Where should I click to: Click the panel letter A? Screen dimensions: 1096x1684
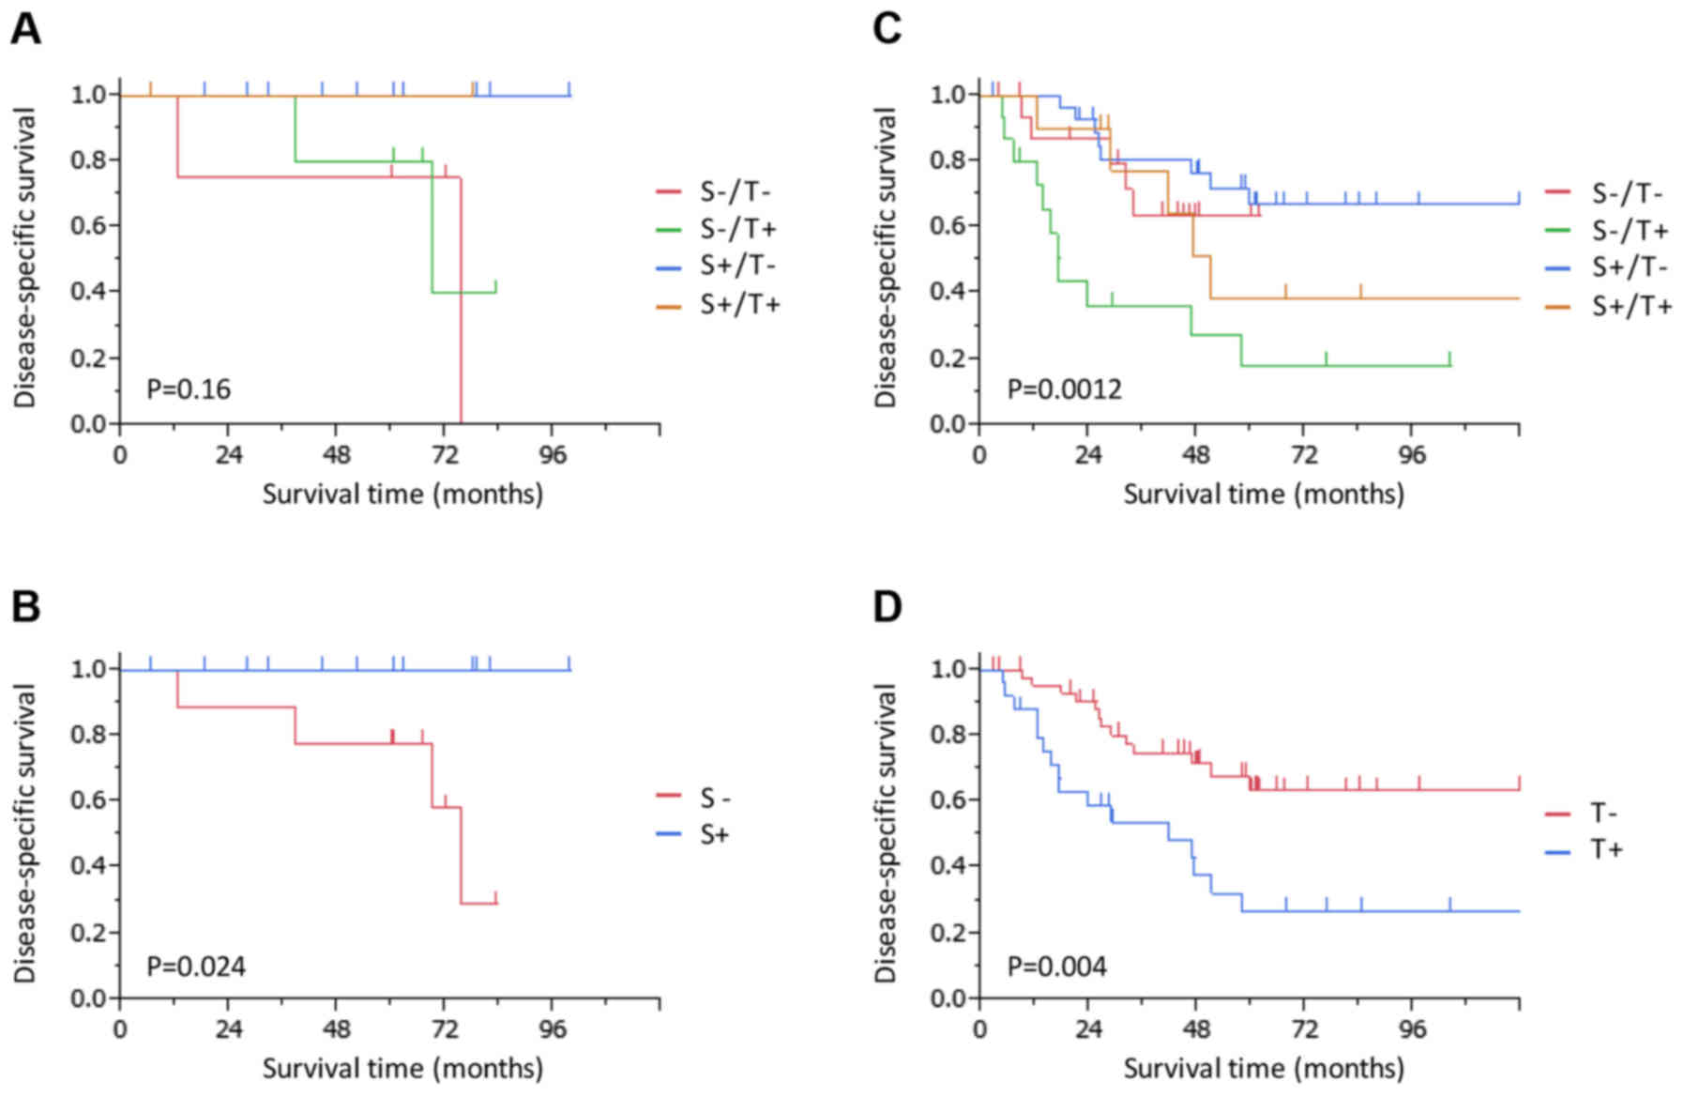25,30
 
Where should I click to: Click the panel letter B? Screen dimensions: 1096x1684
25,607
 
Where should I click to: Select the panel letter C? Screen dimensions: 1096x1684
887,30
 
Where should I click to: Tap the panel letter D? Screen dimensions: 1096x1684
887,607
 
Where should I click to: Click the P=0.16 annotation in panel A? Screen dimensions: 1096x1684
189,388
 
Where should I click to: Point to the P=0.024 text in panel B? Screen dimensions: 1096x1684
196,966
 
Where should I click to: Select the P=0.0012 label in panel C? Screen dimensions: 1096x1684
1064,388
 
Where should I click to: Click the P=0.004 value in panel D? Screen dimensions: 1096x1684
1056,966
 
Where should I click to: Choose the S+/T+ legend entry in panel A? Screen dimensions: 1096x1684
739,305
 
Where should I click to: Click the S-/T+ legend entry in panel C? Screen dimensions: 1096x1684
1631,230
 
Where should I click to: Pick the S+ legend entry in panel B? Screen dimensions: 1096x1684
714,834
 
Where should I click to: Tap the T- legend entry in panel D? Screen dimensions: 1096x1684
1606,813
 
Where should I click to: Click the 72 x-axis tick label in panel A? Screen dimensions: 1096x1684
445,455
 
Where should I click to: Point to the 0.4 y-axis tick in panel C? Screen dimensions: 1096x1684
948,291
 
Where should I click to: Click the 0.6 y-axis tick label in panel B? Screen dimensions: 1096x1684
88,799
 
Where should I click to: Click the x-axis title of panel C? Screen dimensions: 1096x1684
1264,494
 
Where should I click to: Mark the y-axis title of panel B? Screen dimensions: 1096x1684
25,832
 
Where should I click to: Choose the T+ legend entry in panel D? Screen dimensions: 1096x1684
1606,850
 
